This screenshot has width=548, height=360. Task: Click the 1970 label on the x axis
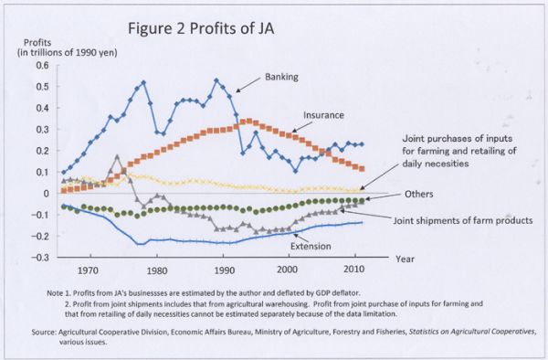tap(89, 271)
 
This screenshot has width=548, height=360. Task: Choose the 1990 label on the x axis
tap(222, 271)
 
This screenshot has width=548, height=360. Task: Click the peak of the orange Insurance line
tap(248, 121)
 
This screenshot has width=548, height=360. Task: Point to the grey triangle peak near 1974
tap(117, 157)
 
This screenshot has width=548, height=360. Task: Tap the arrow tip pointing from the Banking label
tap(236, 90)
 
